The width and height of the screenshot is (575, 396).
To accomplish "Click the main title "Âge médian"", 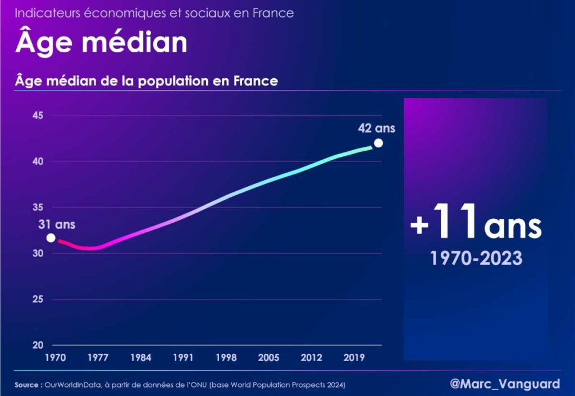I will coord(101,43).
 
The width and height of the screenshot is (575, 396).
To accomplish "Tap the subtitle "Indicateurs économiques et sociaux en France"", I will coord(154,13).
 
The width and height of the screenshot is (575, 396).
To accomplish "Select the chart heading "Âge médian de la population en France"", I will coord(147,81).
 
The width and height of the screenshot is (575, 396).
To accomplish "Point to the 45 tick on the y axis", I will coord(38,116).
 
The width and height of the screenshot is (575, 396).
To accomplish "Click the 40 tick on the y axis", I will coord(38,161).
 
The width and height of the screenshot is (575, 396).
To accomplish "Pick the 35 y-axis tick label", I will coord(38,208).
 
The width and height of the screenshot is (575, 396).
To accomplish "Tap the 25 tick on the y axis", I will coord(38,299).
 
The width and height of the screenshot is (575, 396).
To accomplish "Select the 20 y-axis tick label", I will coord(38,345).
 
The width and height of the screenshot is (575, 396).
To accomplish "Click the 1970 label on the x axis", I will coord(56,358).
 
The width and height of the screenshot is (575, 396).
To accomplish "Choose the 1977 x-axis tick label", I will coord(98,358).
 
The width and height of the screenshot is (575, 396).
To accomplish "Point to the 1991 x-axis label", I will coord(183,358).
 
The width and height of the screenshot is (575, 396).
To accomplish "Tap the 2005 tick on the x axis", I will coord(268,358).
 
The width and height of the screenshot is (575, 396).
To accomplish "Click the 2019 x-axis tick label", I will coord(354,358).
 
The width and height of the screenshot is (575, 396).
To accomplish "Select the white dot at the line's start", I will coord(51,238).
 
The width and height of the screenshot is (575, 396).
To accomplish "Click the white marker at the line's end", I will coord(378,143).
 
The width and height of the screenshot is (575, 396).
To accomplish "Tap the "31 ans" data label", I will coord(57,224).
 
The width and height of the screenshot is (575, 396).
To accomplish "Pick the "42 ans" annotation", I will coord(376,128).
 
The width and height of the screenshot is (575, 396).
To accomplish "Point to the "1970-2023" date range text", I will coord(476,258).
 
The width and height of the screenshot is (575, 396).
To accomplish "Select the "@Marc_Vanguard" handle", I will coord(505,384).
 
